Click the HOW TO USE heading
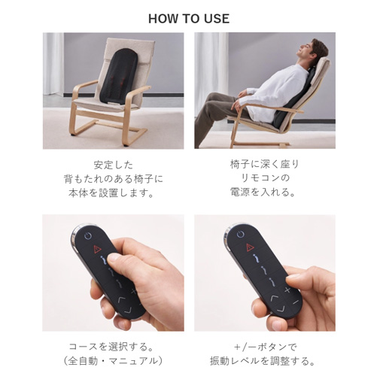click(189, 19)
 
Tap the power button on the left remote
click(87, 235)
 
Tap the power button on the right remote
click(240, 235)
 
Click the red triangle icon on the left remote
click(97, 250)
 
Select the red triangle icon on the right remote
click(250, 247)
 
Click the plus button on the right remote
click(287, 290)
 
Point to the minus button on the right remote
click(296, 302)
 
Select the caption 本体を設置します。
click(111, 193)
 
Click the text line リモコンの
click(265, 178)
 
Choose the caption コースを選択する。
click(111, 347)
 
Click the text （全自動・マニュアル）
click(112, 361)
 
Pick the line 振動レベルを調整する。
click(263, 361)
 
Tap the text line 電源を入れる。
click(263, 193)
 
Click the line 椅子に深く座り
click(265, 164)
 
